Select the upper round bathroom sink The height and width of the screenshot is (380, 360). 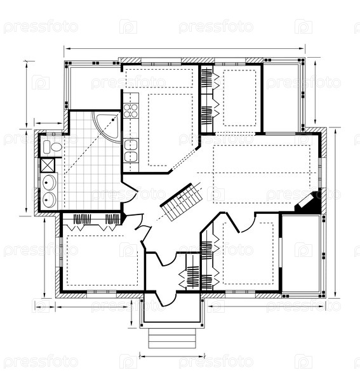pyautogui.click(x=50, y=182)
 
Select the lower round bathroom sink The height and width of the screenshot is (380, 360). pyautogui.click(x=50, y=200)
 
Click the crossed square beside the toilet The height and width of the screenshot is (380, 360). pyautogui.click(x=48, y=165)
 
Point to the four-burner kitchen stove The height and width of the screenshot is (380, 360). pyautogui.click(x=131, y=110)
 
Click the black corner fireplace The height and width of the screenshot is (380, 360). pyautogui.click(x=309, y=203)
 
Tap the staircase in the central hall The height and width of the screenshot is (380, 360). pyautogui.click(x=182, y=202)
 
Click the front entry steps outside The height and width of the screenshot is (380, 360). pyautogui.click(x=172, y=338)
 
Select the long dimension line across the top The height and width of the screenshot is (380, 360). pyautogui.click(x=185, y=49)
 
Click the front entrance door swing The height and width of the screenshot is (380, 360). pyautogui.click(x=166, y=299)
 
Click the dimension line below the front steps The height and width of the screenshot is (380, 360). pyautogui.click(x=172, y=357)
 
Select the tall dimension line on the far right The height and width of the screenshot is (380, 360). pyautogui.click(x=335, y=213)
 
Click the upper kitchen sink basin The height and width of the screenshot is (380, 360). pyautogui.click(x=131, y=145)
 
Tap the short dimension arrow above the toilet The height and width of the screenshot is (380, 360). pyautogui.click(x=48, y=123)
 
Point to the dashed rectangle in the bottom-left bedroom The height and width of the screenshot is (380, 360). pyautogui.click(x=102, y=261)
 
